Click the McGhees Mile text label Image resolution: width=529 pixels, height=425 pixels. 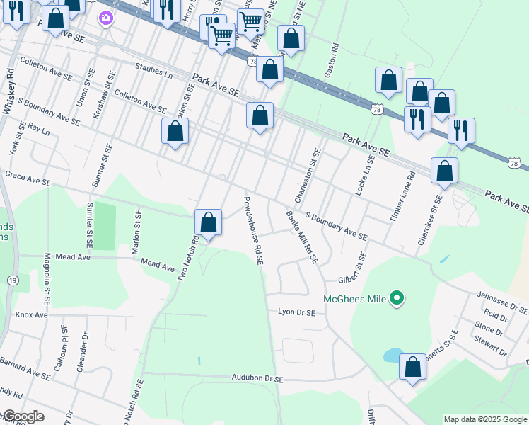355,299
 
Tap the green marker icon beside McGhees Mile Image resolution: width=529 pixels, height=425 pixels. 397,299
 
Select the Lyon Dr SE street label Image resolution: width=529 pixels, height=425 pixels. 296,312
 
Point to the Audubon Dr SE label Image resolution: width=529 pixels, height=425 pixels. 257,379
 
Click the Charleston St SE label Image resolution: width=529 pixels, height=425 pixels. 307,175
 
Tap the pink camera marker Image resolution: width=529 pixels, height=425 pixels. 106,17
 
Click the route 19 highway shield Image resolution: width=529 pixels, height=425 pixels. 13,261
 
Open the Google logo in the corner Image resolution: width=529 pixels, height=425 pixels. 23,416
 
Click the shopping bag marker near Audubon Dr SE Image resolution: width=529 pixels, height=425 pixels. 413,368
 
